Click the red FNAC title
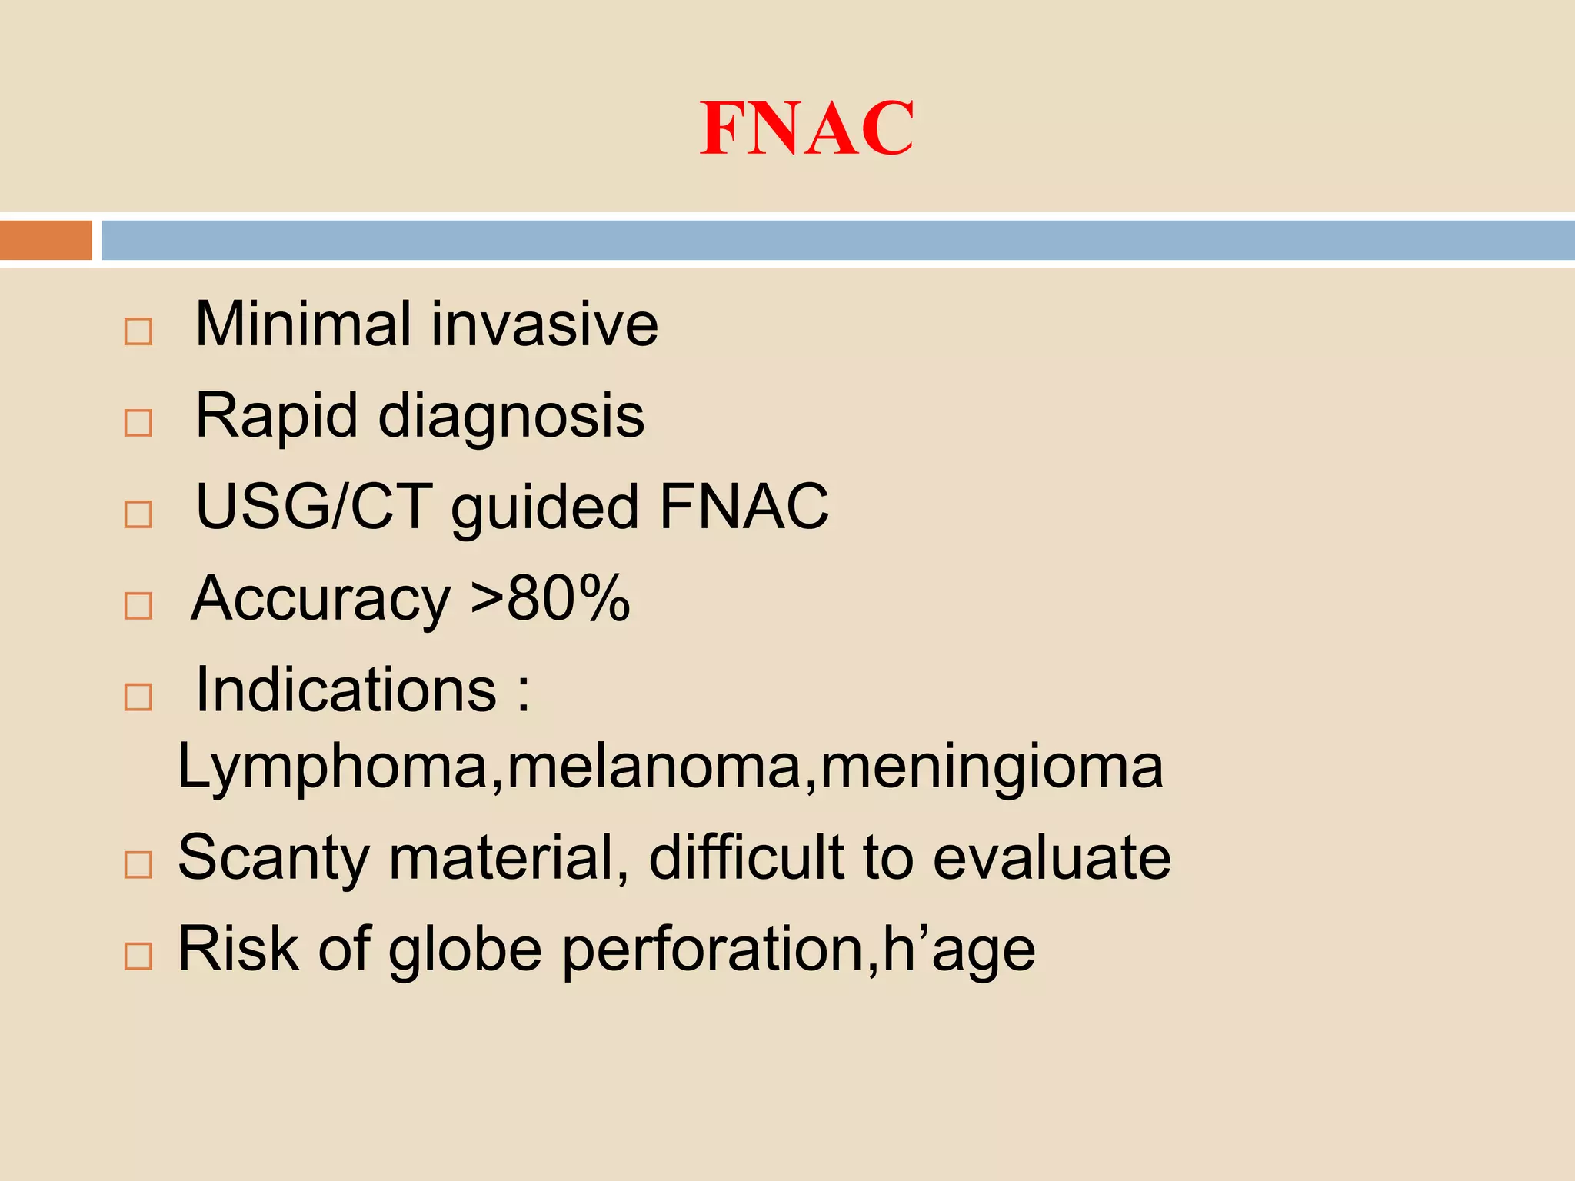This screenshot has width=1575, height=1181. (x=807, y=128)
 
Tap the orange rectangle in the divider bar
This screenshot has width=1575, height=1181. (x=46, y=240)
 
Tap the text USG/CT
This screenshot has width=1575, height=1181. (x=314, y=507)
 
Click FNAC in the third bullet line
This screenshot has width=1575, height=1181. (x=744, y=507)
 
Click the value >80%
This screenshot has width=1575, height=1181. (x=551, y=598)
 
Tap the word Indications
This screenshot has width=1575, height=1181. (x=347, y=690)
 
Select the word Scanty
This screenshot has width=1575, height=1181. (x=274, y=859)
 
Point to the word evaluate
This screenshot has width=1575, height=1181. (x=1051, y=857)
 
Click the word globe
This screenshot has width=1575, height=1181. (x=465, y=950)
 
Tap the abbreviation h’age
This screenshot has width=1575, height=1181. (x=959, y=951)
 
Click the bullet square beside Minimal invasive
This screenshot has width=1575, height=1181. (x=138, y=332)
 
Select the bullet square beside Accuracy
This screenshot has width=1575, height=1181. (x=138, y=606)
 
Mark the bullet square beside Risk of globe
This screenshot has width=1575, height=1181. (x=138, y=956)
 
